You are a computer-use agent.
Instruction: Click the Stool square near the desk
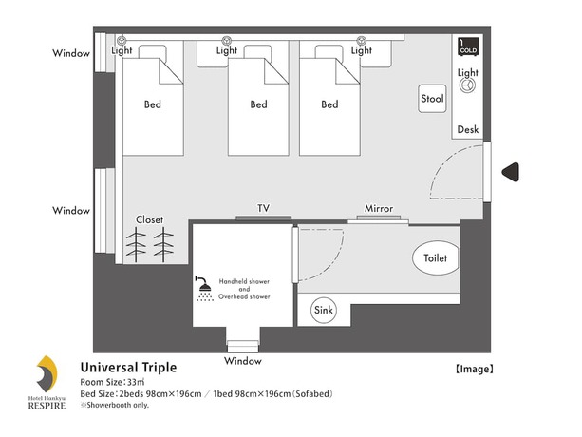click(433, 99)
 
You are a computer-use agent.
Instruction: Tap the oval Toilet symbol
click(436, 257)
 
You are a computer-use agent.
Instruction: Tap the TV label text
click(263, 208)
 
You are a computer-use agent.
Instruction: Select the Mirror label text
click(379, 208)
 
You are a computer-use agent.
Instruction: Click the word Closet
click(150, 219)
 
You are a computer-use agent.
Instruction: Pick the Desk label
click(467, 129)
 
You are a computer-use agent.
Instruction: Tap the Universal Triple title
click(127, 367)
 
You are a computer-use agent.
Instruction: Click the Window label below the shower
click(242, 361)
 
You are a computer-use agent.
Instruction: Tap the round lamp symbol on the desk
click(467, 85)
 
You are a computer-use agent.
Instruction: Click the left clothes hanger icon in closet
click(139, 245)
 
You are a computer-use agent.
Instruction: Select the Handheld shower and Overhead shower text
click(244, 289)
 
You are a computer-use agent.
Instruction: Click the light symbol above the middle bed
click(226, 40)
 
